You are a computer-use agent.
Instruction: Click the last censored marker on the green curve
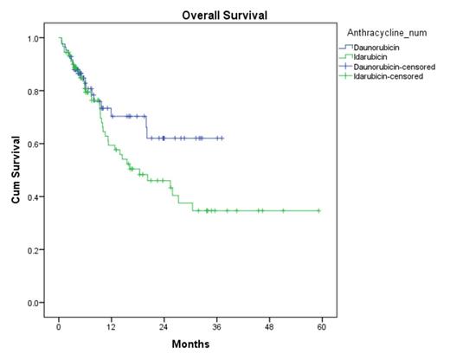click(x=318, y=210)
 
